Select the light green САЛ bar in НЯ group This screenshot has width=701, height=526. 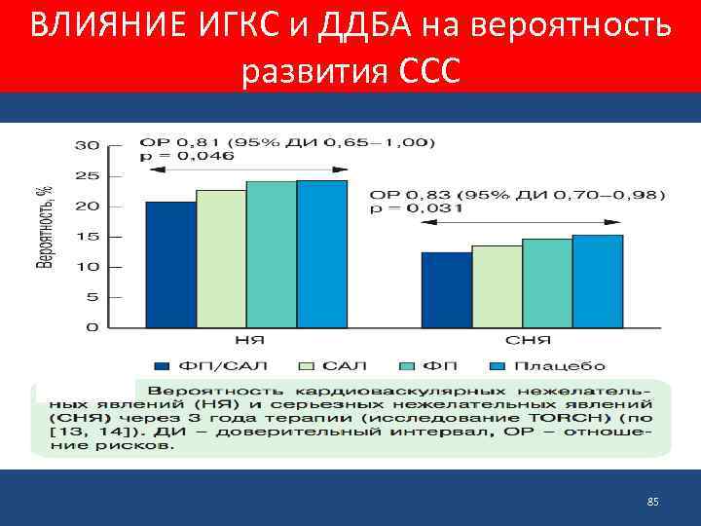coord(221,258)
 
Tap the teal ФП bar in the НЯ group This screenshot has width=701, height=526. coord(272,253)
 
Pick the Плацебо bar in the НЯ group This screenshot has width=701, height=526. coord(321,253)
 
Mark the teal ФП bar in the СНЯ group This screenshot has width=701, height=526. coord(547,282)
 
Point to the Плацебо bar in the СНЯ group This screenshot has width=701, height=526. coord(598,281)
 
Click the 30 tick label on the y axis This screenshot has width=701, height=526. coord(88,145)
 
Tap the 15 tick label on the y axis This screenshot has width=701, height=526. coord(88,237)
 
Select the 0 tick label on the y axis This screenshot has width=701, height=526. coord(92,328)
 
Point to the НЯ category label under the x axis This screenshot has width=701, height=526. coord(247,341)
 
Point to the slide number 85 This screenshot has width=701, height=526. coord(653,502)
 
